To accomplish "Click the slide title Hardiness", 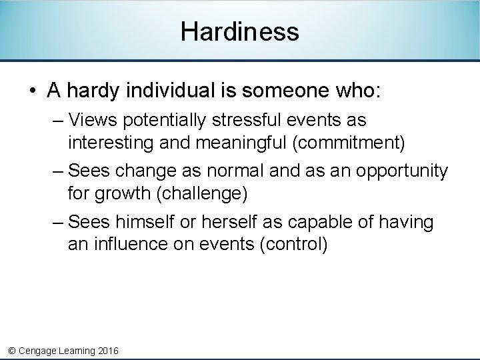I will (239, 31).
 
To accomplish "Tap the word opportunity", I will (402, 171).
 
